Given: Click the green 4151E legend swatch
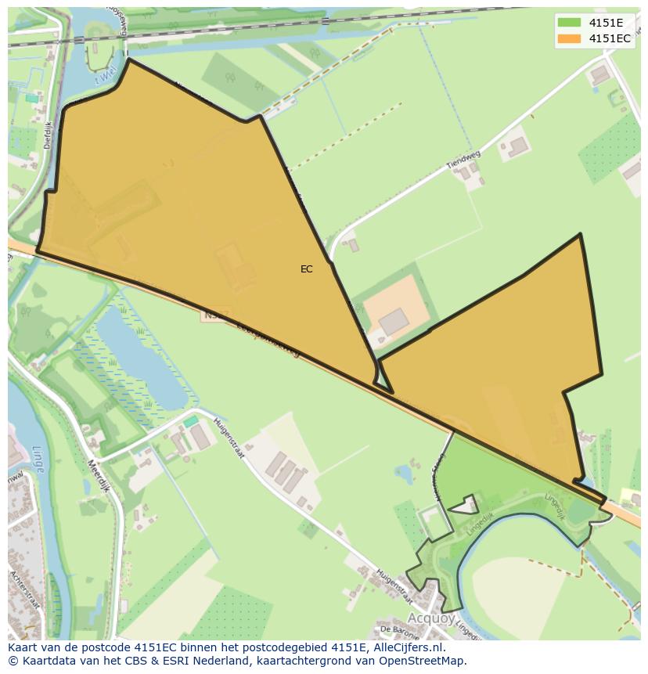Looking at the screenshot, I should pyautogui.click(x=569, y=23).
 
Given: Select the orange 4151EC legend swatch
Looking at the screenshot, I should pyautogui.click(x=569, y=38).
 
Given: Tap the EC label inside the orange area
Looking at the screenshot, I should pyautogui.click(x=306, y=269).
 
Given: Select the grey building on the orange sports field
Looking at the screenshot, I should pyautogui.click(x=394, y=321).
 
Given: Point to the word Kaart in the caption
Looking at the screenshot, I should pyautogui.click(x=22, y=647).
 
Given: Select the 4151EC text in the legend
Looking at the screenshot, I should pyautogui.click(x=610, y=38).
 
